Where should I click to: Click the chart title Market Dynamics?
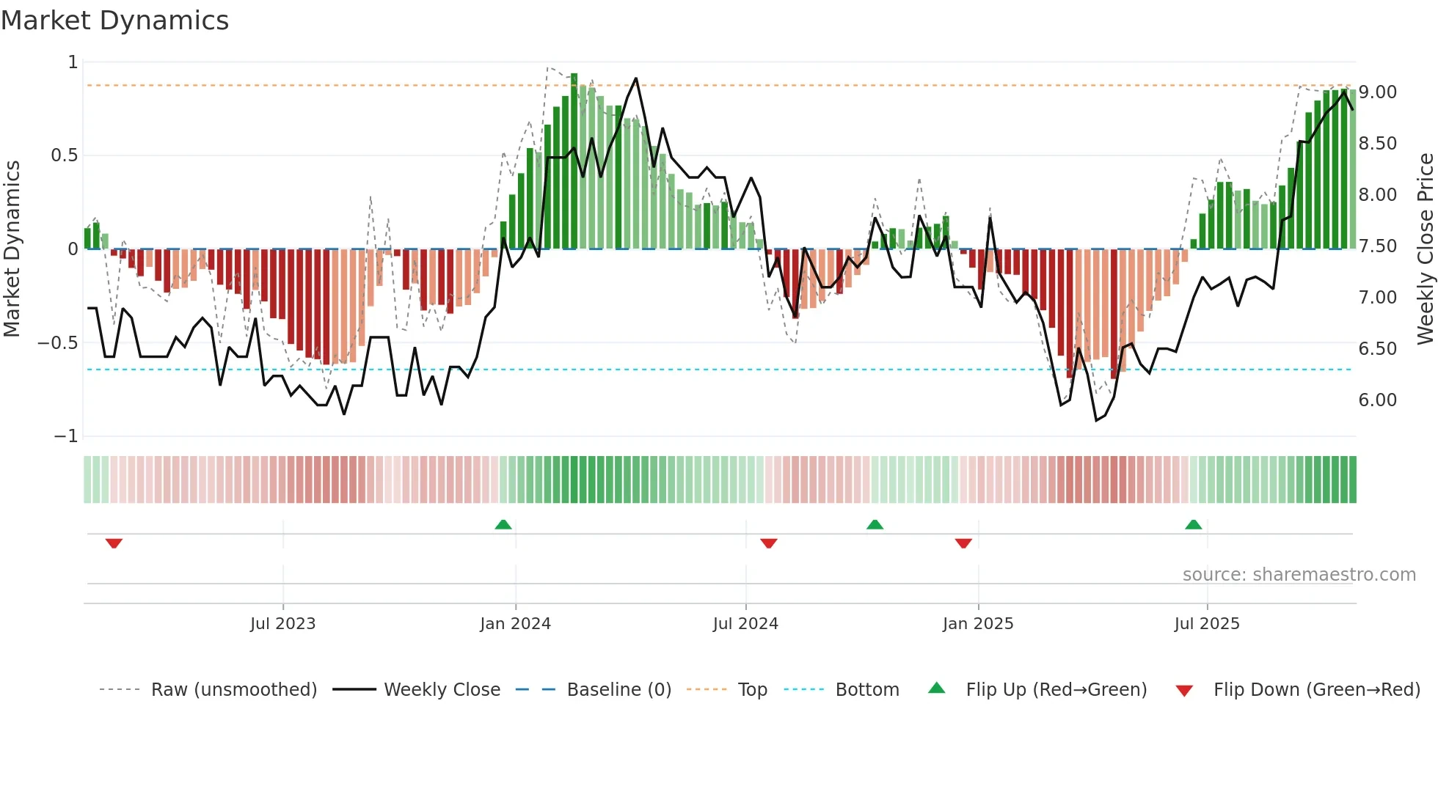(114, 21)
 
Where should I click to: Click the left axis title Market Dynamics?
(12, 249)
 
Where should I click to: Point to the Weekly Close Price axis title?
(1425, 249)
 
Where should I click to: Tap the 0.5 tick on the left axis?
(65, 155)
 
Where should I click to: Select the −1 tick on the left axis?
(65, 436)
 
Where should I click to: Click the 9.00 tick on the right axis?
(1377, 92)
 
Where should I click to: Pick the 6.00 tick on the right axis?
(1377, 400)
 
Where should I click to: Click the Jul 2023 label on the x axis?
(282, 624)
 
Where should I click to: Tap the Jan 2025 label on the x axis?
(977, 624)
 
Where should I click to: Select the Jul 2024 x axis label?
(745, 624)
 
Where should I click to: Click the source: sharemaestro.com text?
(1299, 575)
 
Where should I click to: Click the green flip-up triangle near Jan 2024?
(503, 524)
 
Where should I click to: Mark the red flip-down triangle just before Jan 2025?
(963, 543)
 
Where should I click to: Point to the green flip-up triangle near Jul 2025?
(1194, 524)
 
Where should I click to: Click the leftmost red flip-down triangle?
(114, 543)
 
